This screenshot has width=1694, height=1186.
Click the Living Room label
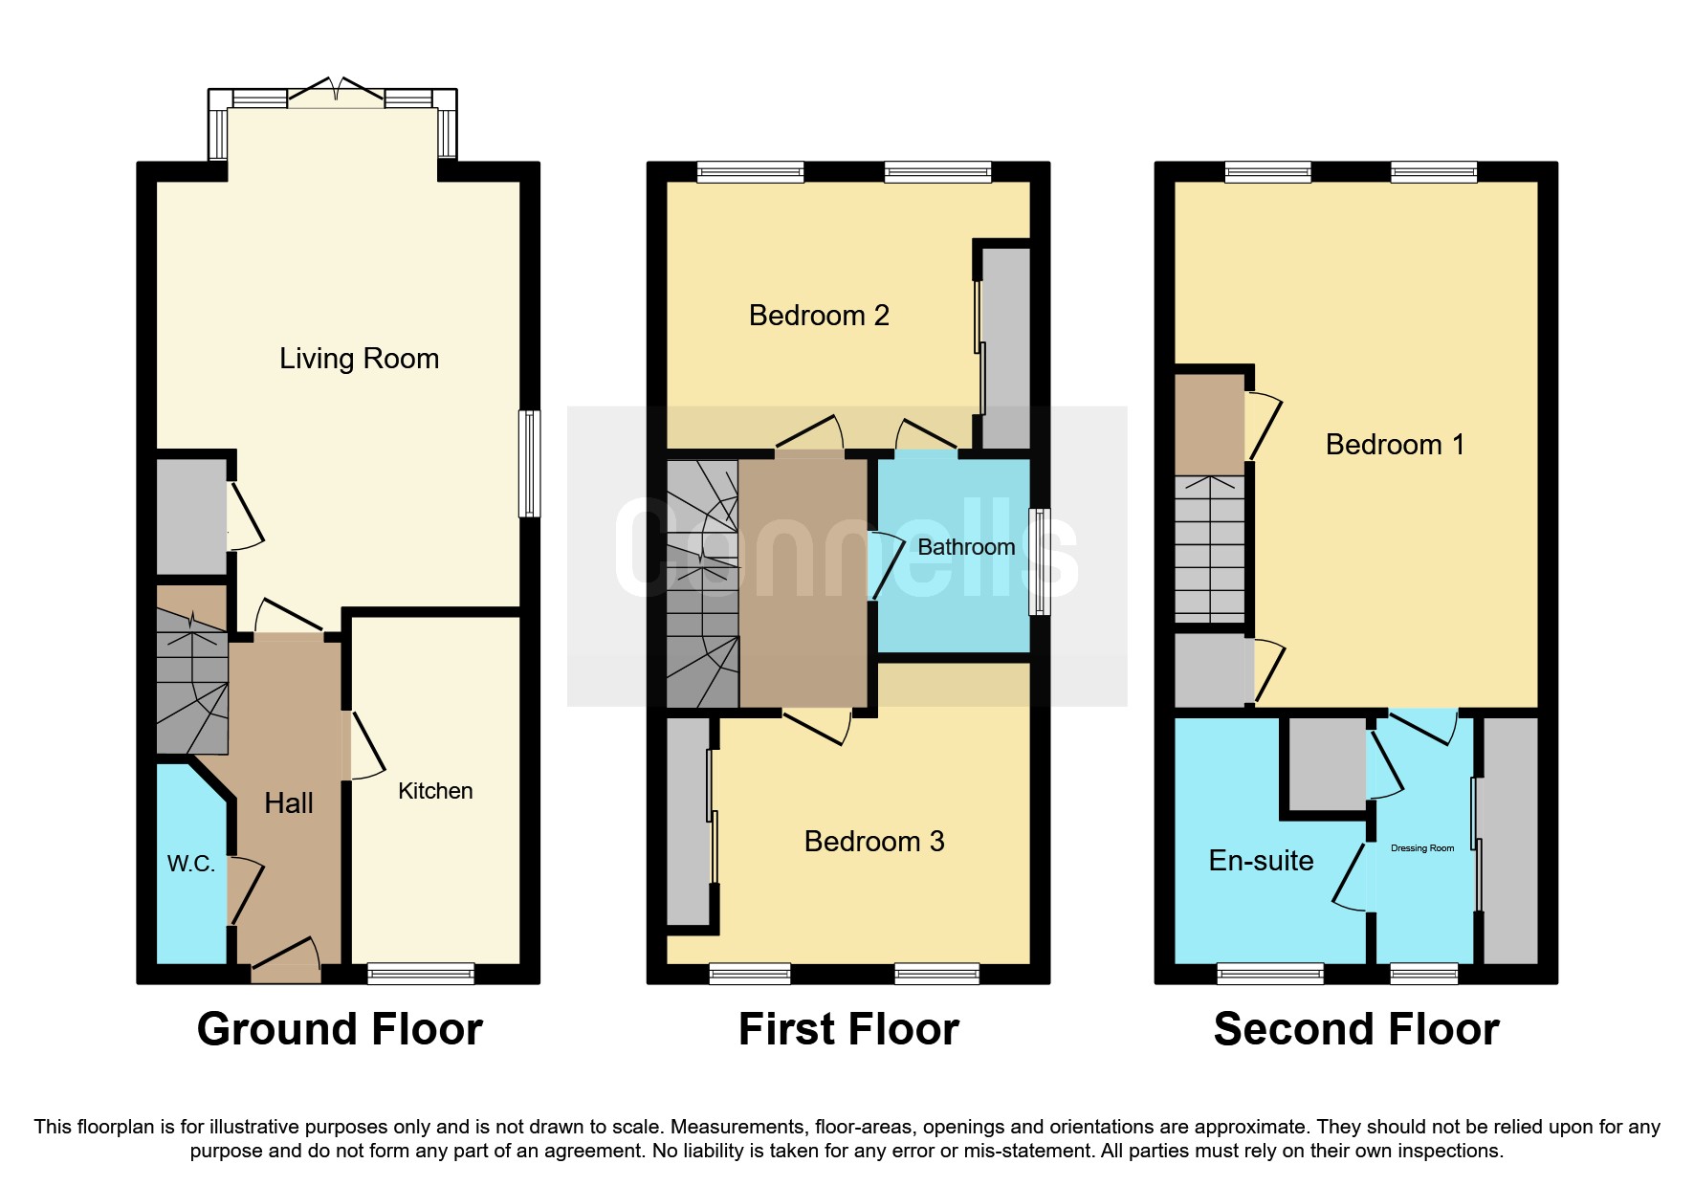pos(359,359)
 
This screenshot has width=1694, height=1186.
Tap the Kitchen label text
pos(435,791)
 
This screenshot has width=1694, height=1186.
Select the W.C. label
pos(190,864)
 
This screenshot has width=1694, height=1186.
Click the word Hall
pos(288,803)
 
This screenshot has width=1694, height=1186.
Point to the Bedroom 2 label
pos(819,316)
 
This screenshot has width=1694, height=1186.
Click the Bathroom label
pos(966,547)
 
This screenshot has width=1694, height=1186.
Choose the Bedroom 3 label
pos(873,842)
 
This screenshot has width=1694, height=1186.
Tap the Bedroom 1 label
pos(1394,445)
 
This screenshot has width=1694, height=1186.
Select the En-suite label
pos(1261,861)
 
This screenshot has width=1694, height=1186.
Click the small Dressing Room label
pos(1421,848)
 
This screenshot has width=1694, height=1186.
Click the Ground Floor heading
pos(340,1029)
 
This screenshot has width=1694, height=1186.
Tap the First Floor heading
pos(848,1029)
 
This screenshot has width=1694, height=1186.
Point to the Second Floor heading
pos(1355,1029)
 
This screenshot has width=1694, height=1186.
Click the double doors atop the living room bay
pos(336,93)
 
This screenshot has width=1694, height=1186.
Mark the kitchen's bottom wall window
pos(421,974)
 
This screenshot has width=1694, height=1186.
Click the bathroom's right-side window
pos(1039,561)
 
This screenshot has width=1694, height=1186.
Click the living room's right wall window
pos(529,464)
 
